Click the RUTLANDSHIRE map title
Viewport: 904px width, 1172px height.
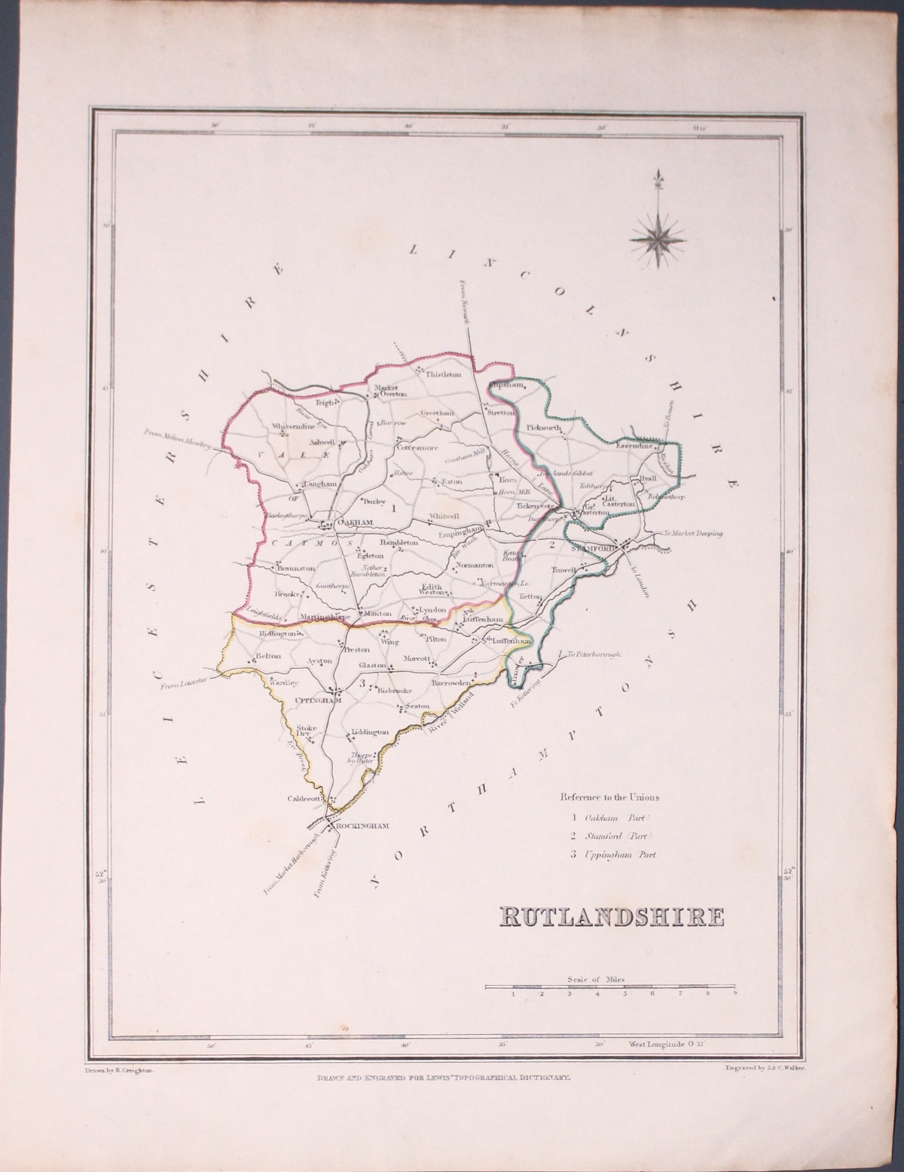611,917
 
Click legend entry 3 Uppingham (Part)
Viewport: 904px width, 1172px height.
609,854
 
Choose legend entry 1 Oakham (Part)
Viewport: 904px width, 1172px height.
609,817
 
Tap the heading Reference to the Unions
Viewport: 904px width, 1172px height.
608,797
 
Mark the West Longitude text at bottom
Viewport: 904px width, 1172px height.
666,1045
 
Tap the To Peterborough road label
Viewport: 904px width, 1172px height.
594,655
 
